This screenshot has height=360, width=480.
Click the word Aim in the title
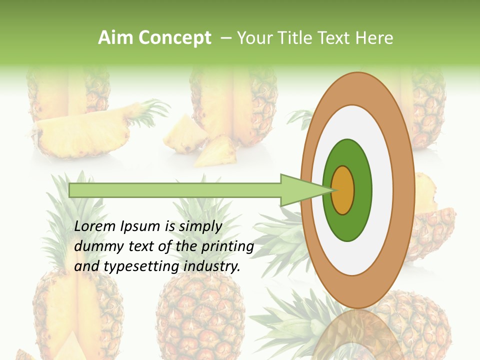tap(114, 38)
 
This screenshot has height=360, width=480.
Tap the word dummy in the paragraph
tap(95, 246)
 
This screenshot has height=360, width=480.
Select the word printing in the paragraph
tap(227, 246)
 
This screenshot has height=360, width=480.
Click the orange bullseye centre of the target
tap(342, 190)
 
